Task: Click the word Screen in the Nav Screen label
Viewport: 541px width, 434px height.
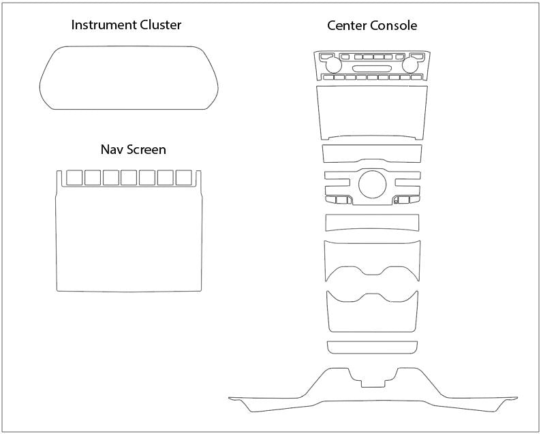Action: click(x=146, y=149)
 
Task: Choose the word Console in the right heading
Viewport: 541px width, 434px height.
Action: click(x=395, y=26)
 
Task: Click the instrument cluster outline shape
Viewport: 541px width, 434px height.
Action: click(x=129, y=78)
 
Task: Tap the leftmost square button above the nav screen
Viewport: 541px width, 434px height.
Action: click(x=74, y=178)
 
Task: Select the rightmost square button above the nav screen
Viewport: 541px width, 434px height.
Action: click(x=183, y=178)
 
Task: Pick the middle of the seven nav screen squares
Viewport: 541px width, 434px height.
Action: click(x=129, y=178)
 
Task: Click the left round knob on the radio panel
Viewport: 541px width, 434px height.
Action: click(x=333, y=66)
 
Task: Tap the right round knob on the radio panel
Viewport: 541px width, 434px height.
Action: click(x=412, y=66)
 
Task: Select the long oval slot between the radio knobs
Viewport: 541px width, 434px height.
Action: click(x=372, y=69)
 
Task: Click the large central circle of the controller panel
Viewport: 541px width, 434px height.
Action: click(x=372, y=184)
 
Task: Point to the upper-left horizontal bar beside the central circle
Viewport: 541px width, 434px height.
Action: click(x=338, y=176)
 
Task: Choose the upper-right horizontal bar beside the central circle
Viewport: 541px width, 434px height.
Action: click(x=407, y=176)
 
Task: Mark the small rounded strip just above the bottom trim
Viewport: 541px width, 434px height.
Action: click(x=372, y=347)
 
